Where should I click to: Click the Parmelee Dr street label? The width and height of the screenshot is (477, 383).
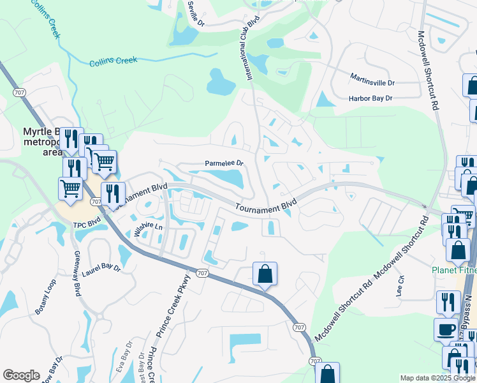224,163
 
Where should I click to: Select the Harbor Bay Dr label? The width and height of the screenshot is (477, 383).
370,98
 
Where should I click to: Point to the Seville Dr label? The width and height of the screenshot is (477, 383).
196,13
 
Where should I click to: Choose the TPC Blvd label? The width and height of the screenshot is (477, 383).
87,225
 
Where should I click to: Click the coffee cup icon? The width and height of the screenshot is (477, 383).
445,329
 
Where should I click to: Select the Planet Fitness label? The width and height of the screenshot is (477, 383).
453,269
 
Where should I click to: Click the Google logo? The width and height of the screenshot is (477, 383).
21,375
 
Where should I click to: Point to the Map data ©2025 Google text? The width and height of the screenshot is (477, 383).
437,378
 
